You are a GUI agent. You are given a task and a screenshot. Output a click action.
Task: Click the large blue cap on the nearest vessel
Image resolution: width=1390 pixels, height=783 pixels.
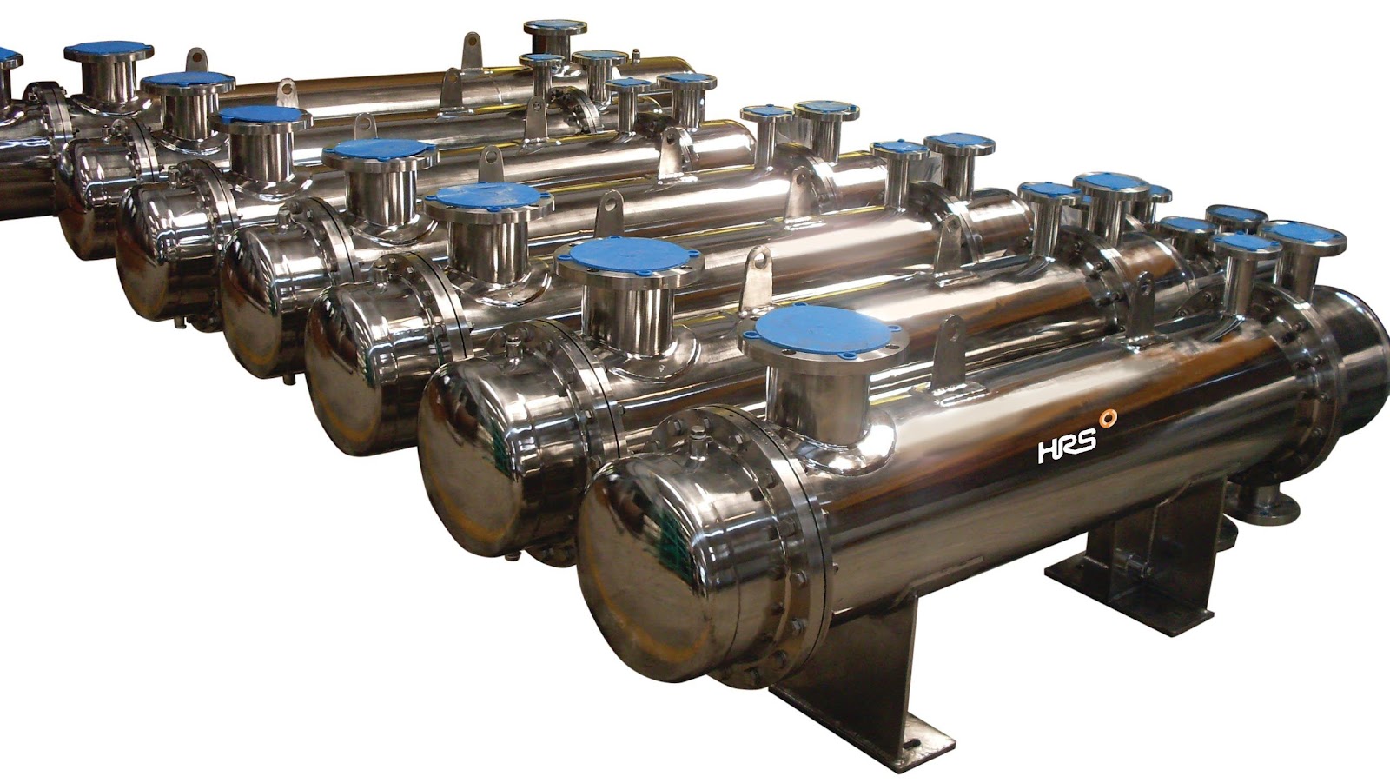pyautogui.click(x=824, y=332)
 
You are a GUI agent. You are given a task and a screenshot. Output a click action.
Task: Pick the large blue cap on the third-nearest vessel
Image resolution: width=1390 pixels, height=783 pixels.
pyautogui.click(x=490, y=199)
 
